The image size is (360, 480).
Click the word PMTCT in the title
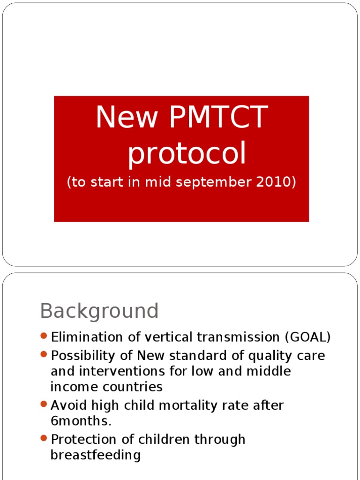tap(218, 117)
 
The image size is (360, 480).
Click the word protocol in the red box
tap(187, 154)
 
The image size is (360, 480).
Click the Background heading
tap(99, 311)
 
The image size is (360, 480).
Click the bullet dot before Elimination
tap(44, 336)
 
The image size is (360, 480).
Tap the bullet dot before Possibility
tap(44, 354)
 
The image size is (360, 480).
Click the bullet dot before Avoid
tap(44, 404)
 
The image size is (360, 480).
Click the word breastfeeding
tap(96, 455)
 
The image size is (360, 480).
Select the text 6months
tap(81, 420)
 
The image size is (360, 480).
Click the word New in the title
tap(124, 117)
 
